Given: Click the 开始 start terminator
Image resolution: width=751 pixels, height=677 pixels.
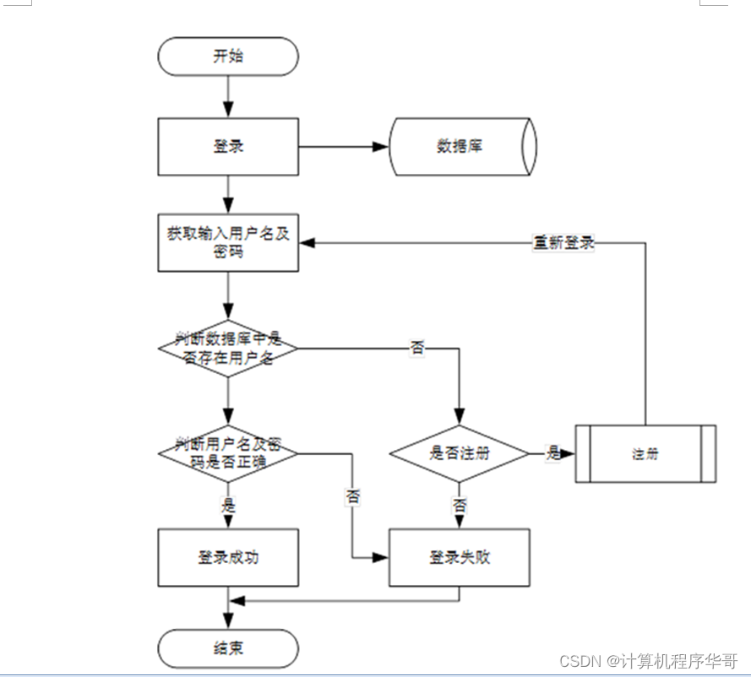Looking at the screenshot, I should pos(228,57).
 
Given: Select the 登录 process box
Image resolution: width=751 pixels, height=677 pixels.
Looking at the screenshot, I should pos(228,146).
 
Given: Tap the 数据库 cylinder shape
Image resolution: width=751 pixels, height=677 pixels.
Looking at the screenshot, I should pos(461,146).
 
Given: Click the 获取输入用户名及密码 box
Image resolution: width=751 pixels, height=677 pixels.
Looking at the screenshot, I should pos(228,243).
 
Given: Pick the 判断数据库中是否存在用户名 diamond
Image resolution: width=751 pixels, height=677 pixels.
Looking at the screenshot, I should pos(228,348).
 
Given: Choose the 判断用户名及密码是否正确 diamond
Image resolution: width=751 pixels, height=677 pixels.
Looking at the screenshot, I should pos(228,452).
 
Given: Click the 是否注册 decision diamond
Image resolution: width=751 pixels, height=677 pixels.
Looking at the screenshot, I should pos(459,453).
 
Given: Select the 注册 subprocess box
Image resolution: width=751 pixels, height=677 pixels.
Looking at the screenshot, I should pos(645,453).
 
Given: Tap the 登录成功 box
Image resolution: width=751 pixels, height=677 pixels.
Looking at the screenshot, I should pos(228,558).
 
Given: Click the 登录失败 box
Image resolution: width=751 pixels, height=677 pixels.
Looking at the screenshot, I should pos(459,558).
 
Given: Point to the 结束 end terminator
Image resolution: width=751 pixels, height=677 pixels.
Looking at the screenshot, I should pos(228,648).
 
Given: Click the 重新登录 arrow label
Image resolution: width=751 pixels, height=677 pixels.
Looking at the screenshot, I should pos(563,243).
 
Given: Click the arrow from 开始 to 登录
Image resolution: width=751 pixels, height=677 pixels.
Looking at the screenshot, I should pos(228,96).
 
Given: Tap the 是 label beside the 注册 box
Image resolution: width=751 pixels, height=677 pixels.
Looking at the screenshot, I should pos(553,453).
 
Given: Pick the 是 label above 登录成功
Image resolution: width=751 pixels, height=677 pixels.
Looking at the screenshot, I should pos(228,506).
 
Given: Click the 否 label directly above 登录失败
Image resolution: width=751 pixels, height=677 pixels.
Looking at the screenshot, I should pos(459,506).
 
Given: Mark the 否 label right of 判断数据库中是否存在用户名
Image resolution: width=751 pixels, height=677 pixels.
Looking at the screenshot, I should pos(417,348).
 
